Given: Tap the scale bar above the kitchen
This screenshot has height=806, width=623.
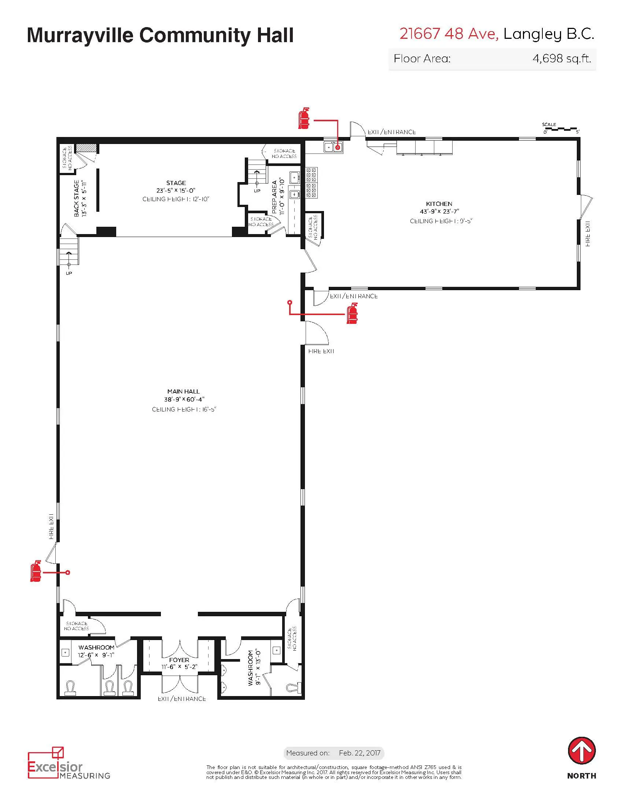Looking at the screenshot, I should [560, 129].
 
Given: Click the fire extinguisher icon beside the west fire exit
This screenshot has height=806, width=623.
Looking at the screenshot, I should [36, 571].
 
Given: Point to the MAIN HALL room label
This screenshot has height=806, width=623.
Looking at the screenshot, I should [183, 391].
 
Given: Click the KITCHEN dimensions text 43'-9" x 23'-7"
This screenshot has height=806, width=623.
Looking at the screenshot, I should [439, 211].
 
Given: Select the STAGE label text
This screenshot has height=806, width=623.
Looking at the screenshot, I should [176, 183].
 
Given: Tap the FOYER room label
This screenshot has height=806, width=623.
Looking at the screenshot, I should [179, 660].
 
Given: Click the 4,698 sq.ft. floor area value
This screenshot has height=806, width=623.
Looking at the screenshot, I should [561, 58].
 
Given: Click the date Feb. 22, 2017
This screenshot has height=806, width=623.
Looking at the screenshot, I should [360, 753].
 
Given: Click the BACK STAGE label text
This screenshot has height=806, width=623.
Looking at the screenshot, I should [76, 198].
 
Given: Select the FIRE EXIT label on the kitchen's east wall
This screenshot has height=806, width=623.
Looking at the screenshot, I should [587, 234].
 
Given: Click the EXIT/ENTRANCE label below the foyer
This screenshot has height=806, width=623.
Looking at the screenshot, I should [181, 699].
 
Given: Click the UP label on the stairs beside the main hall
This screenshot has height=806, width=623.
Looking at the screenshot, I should [69, 273].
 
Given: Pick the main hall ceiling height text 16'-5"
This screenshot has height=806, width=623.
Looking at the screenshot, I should [184, 409].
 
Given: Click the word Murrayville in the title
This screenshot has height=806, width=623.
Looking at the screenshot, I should [80, 36].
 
